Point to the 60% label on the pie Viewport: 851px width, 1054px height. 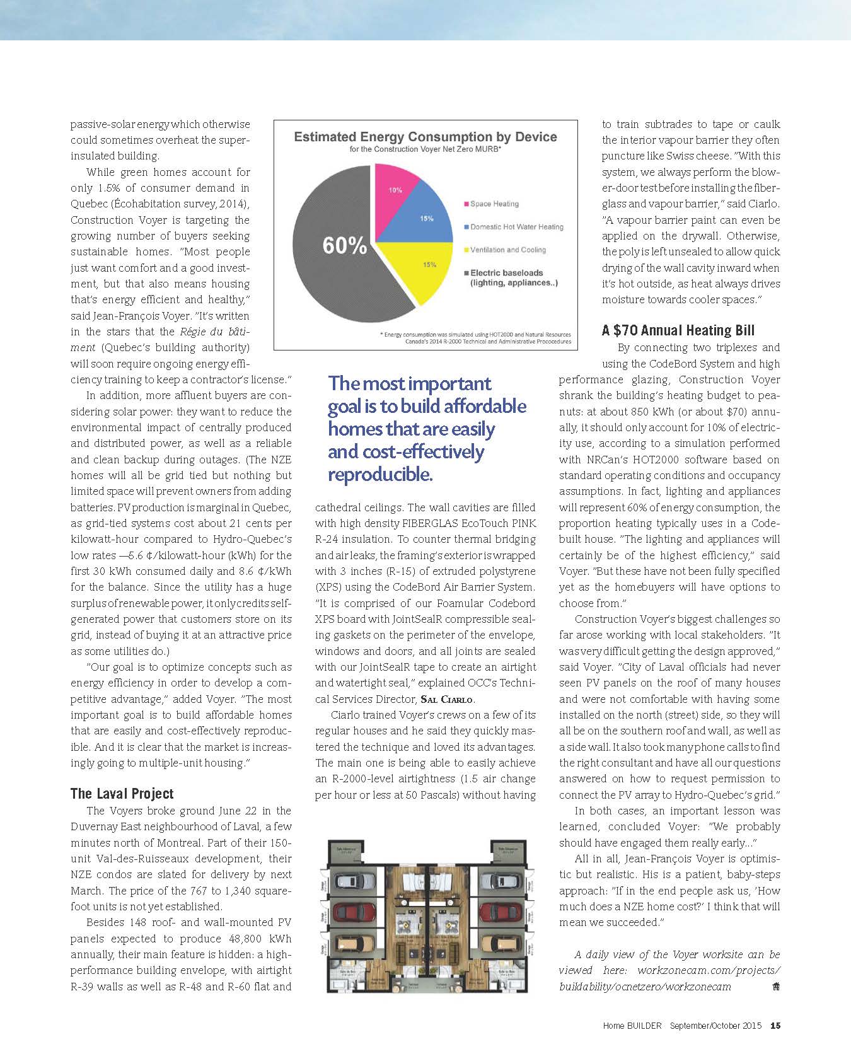(x=344, y=245)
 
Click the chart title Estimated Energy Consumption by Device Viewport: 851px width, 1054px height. (x=425, y=137)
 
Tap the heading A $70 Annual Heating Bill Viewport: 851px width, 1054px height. (x=678, y=330)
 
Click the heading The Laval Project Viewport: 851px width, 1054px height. (x=122, y=794)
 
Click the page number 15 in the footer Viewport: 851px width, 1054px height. (x=775, y=1026)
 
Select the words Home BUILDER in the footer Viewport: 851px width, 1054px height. (x=632, y=1026)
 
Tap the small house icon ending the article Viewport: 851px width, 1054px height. (x=775, y=987)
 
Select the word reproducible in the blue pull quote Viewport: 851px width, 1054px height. (x=380, y=474)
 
